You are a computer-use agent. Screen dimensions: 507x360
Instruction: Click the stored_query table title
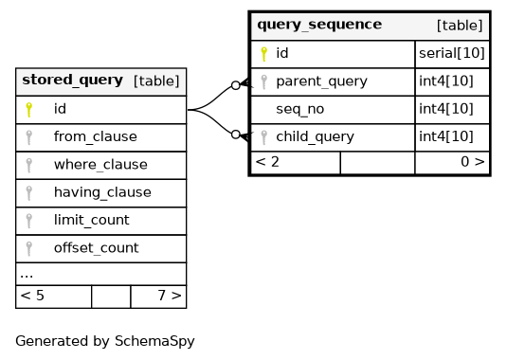72,81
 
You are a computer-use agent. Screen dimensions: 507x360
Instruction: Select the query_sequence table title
319,25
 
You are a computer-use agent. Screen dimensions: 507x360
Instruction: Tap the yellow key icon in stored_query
29,110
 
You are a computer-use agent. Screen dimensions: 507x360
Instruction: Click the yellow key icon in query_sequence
263,54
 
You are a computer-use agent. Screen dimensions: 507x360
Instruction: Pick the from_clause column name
96,137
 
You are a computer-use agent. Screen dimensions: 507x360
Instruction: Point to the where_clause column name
100,165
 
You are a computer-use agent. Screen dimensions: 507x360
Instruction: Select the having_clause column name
102,192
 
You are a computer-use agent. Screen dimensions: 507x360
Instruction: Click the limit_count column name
92,221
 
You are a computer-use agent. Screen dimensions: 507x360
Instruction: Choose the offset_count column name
97,248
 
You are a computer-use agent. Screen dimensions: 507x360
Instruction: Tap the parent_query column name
321,81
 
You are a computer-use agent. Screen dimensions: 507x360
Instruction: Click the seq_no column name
300,109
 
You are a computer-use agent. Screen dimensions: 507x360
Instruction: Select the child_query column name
315,137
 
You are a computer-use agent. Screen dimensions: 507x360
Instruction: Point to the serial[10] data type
452,53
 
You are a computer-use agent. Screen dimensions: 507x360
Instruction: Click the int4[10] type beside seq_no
446,109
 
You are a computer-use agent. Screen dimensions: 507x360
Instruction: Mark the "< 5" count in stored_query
32,296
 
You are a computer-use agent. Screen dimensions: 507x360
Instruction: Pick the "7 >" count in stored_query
170,296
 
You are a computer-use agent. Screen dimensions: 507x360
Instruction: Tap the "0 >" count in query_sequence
473,162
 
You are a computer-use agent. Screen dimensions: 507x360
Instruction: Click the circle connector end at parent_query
236,85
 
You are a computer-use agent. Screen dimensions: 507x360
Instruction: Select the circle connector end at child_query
236,135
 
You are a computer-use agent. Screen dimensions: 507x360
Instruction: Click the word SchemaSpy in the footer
154,341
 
